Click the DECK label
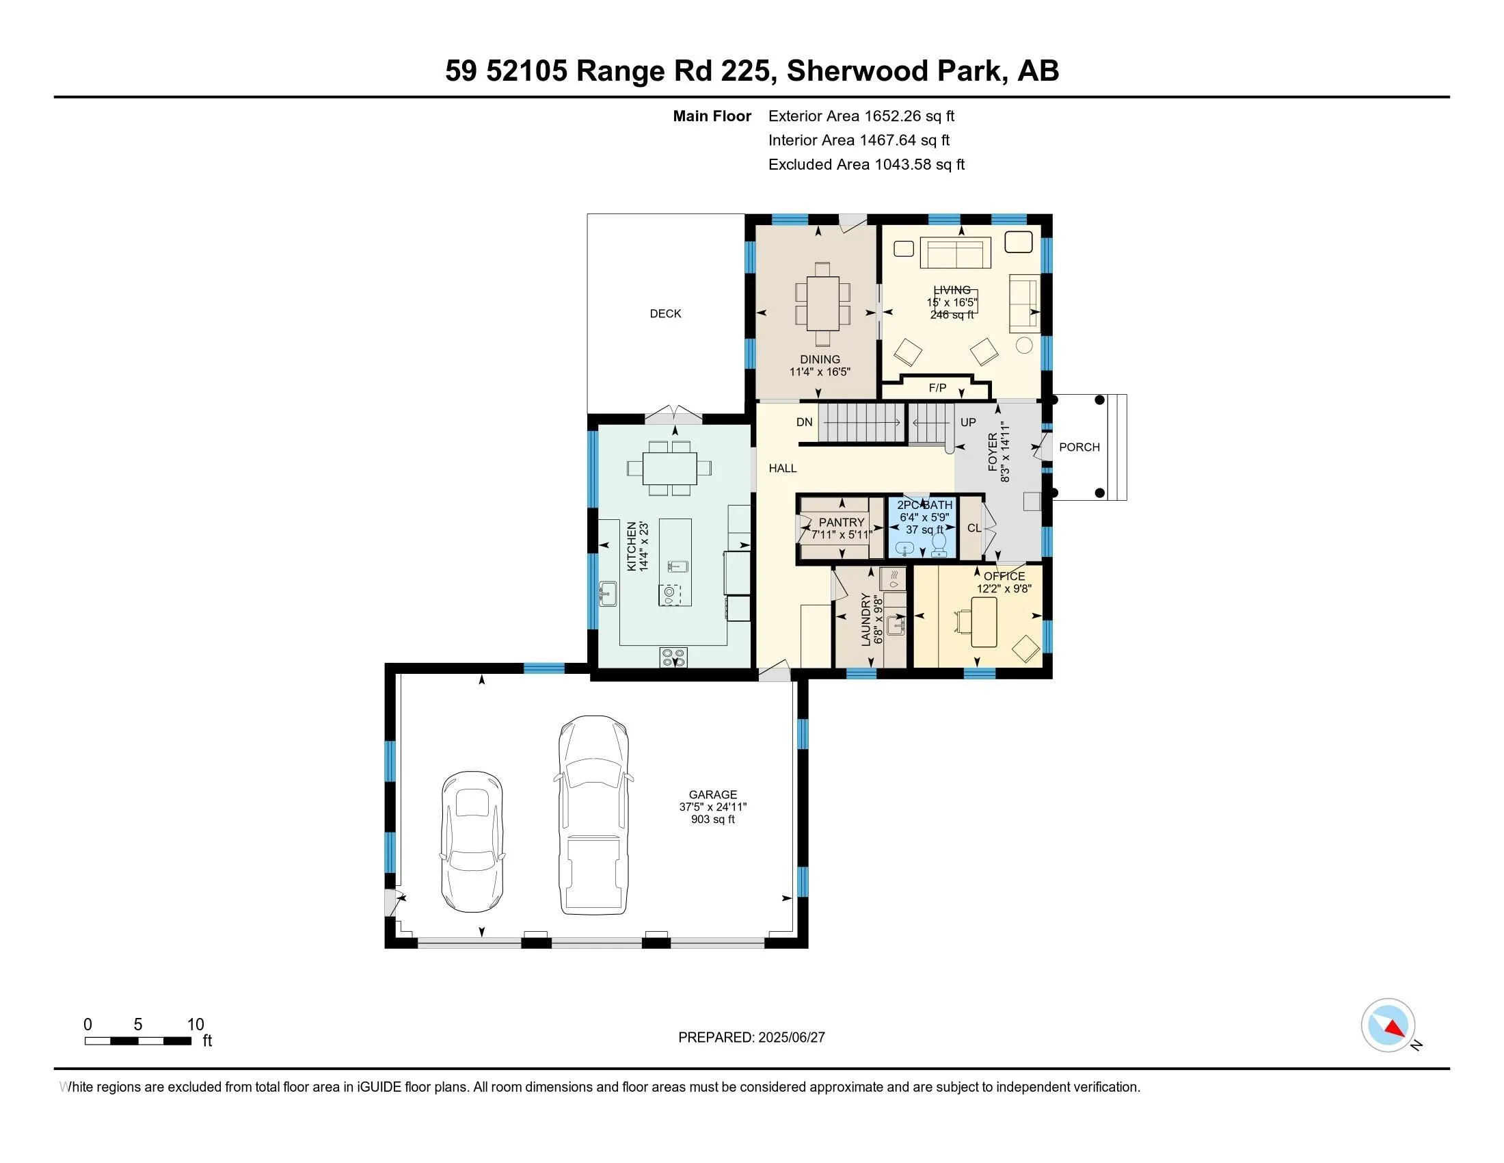[x=664, y=313]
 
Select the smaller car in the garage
[x=472, y=842]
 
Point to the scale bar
[x=137, y=1041]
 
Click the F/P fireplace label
[x=937, y=388]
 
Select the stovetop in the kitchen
[x=673, y=657]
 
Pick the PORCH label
[x=1078, y=447]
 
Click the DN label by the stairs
[x=805, y=421]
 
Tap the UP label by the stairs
[x=967, y=421]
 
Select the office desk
[x=984, y=622]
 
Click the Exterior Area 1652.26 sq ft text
[x=861, y=116]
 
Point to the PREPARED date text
[x=751, y=1037]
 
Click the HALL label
[x=782, y=469]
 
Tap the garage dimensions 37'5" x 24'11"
[x=713, y=807]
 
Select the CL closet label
[x=973, y=528]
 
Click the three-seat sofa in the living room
[x=955, y=254]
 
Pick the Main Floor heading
[x=712, y=116]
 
